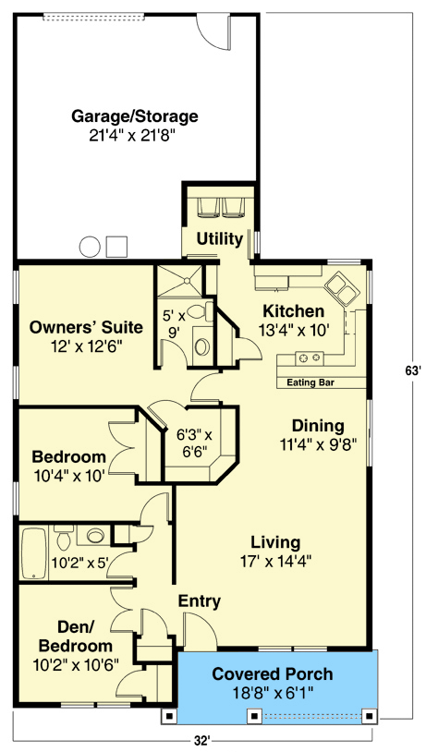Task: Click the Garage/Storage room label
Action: [135, 116]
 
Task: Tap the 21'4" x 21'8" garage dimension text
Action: [135, 136]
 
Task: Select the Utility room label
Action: [220, 239]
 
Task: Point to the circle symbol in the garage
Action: [90, 247]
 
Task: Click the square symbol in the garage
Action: [116, 247]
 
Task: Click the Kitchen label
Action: [293, 311]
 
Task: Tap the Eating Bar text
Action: [309, 381]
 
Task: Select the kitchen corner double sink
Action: [344, 288]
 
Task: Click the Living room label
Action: [276, 542]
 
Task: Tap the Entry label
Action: [199, 602]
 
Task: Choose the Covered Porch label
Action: [273, 674]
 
